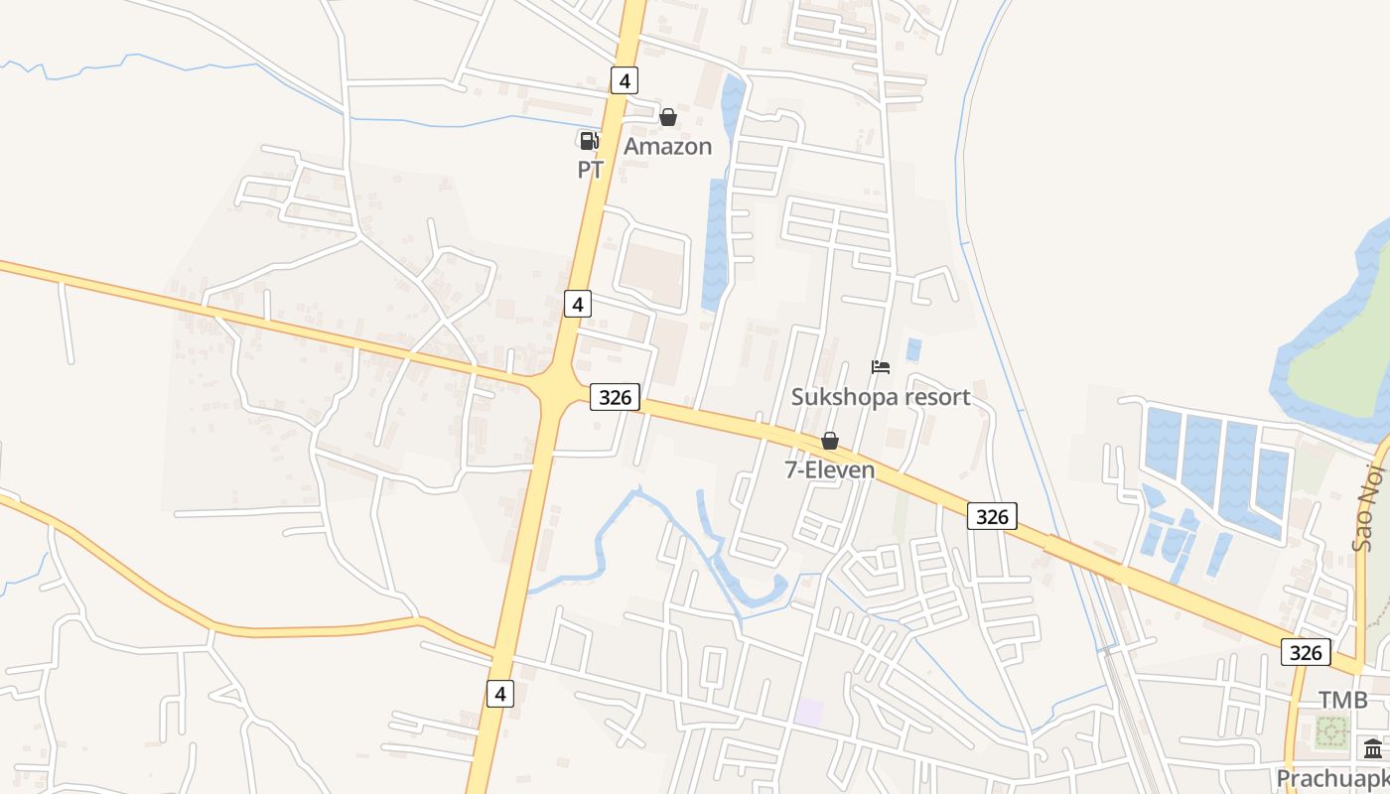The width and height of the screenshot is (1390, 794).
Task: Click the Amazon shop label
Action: click(667, 147)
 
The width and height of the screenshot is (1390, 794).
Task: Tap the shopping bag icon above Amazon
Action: click(668, 117)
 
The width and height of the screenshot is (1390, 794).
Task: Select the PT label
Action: click(591, 170)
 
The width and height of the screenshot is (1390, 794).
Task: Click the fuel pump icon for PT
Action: click(589, 141)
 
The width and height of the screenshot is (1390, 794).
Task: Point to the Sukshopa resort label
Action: click(881, 397)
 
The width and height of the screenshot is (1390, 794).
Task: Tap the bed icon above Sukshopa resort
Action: click(881, 367)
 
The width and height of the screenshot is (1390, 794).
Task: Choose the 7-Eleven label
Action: click(830, 469)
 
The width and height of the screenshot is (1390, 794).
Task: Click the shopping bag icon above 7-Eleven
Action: click(830, 441)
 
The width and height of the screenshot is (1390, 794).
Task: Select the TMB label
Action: click(1343, 700)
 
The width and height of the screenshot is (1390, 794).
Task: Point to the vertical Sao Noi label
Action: click(1363, 512)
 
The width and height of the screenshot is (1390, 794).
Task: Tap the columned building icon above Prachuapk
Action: click(1373, 748)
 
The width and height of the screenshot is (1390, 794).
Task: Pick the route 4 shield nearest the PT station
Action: click(624, 79)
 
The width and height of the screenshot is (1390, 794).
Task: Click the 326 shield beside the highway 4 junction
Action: click(616, 397)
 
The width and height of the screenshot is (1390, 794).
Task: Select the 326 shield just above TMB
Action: click(1306, 651)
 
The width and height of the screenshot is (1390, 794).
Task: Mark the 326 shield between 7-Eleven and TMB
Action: click(992, 516)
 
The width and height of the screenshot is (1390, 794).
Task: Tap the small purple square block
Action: click(809, 712)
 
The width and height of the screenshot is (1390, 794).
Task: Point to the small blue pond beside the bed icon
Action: click(913, 349)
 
